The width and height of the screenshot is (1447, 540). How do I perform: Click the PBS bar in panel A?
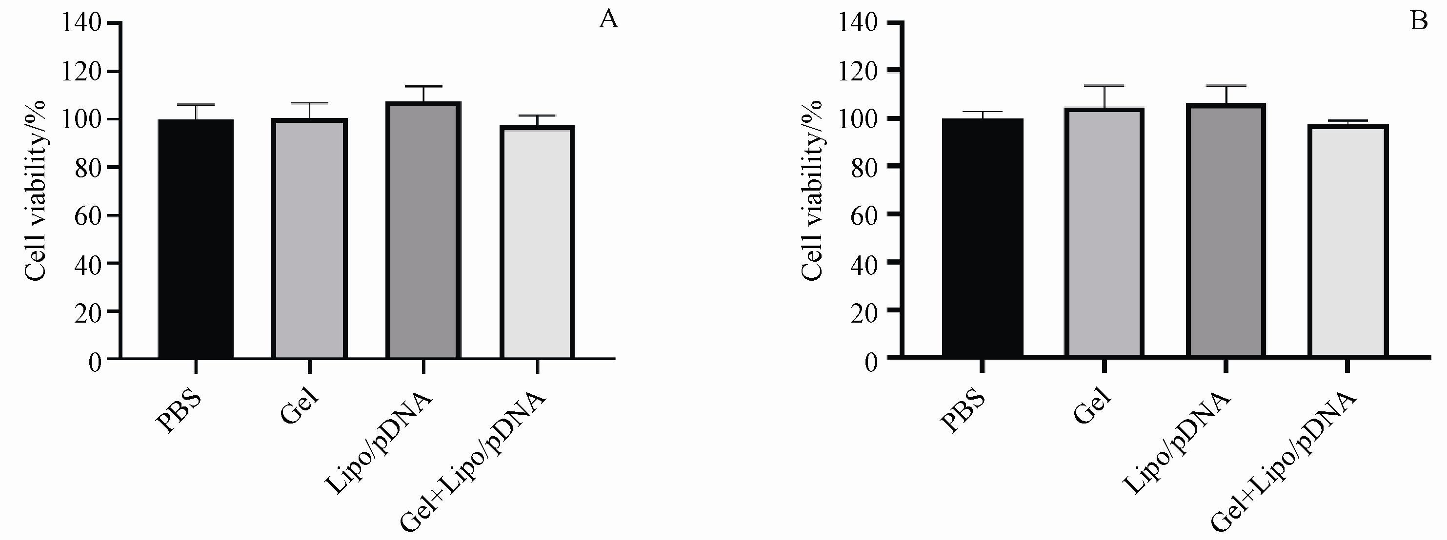click(x=196, y=239)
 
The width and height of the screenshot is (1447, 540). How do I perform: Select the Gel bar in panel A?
click(x=309, y=239)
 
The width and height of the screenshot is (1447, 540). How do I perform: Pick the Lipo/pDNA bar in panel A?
click(x=423, y=230)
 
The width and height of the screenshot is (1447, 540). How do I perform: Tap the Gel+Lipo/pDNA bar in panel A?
click(x=538, y=243)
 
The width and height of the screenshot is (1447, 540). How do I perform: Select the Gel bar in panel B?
click(x=1104, y=232)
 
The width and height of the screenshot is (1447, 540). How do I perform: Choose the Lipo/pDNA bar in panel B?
click(x=1226, y=230)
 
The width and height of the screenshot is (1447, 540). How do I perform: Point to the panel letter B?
click(x=1419, y=21)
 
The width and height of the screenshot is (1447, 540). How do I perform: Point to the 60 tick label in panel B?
click(x=864, y=214)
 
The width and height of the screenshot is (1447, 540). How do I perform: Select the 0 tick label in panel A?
click(x=95, y=362)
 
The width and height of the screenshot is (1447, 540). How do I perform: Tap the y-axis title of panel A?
click(x=36, y=191)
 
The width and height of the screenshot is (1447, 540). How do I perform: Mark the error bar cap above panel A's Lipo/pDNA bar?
click(x=423, y=86)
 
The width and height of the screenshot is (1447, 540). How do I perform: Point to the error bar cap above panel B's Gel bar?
click(x=1104, y=86)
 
